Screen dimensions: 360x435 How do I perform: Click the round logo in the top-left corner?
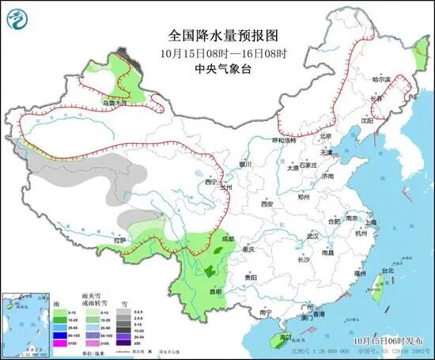coord(21,20)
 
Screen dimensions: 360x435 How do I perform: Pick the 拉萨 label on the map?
coord(119,239)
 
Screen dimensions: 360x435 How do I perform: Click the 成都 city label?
coord(228,237)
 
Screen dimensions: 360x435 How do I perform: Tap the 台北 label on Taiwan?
coord(387,271)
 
